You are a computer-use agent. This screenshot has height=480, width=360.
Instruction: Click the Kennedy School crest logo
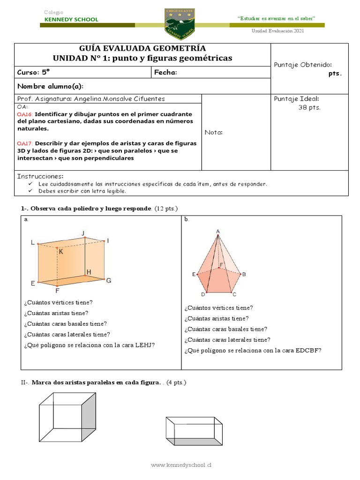coord(180,23)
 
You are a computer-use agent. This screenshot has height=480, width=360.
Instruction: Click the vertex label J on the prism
coord(83,233)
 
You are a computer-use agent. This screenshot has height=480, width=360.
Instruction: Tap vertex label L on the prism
coord(32,242)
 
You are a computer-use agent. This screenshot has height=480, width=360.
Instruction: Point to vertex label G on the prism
coord(108,280)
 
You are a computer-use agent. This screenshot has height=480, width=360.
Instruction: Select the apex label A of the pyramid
coord(218,231)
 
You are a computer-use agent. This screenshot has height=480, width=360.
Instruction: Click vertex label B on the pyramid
coord(244,274)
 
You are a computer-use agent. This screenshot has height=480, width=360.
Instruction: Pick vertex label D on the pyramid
coord(203,294)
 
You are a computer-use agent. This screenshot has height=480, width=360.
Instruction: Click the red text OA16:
coord(25,114)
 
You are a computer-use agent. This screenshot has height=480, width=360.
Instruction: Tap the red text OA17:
coord(25,143)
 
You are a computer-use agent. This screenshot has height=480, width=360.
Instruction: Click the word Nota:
coord(213,132)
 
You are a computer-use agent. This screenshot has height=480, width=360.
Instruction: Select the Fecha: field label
coord(165,73)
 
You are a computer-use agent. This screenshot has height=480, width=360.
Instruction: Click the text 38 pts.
coord(309,107)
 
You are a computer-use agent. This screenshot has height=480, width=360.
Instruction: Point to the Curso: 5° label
coord(33,73)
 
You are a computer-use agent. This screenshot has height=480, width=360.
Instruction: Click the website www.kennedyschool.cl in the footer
coord(181,465)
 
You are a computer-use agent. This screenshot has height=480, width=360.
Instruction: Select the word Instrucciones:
coord(40,176)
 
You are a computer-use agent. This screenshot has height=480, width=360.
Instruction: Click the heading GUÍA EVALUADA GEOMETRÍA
coord(142,49)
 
